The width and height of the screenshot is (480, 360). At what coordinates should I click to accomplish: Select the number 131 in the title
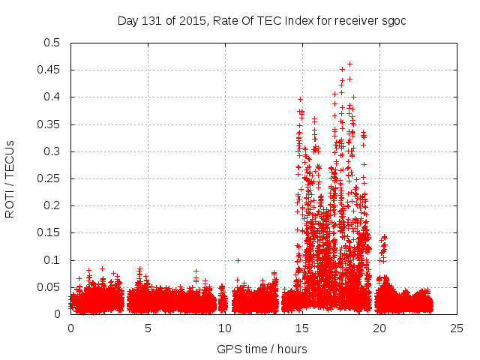[x=152, y=20]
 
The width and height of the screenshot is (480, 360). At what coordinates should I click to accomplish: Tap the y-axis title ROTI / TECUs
[x=10, y=178]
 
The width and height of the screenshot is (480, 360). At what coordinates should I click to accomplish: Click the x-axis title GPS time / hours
[x=262, y=349]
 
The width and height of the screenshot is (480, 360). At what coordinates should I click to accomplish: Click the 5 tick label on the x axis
[x=148, y=328]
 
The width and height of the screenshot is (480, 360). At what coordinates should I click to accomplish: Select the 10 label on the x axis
[x=225, y=328]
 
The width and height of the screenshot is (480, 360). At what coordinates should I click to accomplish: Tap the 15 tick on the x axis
[x=302, y=328]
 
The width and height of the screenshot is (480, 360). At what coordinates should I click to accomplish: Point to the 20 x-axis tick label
[x=379, y=328]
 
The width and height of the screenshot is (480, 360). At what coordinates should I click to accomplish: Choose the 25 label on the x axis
[x=457, y=328]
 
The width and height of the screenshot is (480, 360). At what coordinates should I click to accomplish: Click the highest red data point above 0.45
[x=349, y=64]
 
